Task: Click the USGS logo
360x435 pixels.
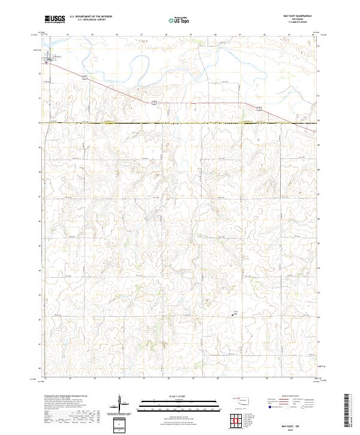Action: coord(55,19)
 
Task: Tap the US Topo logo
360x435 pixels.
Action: coord(179,20)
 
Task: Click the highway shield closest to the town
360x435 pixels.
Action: coord(85,77)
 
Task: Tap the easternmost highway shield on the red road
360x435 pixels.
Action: coord(258,108)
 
